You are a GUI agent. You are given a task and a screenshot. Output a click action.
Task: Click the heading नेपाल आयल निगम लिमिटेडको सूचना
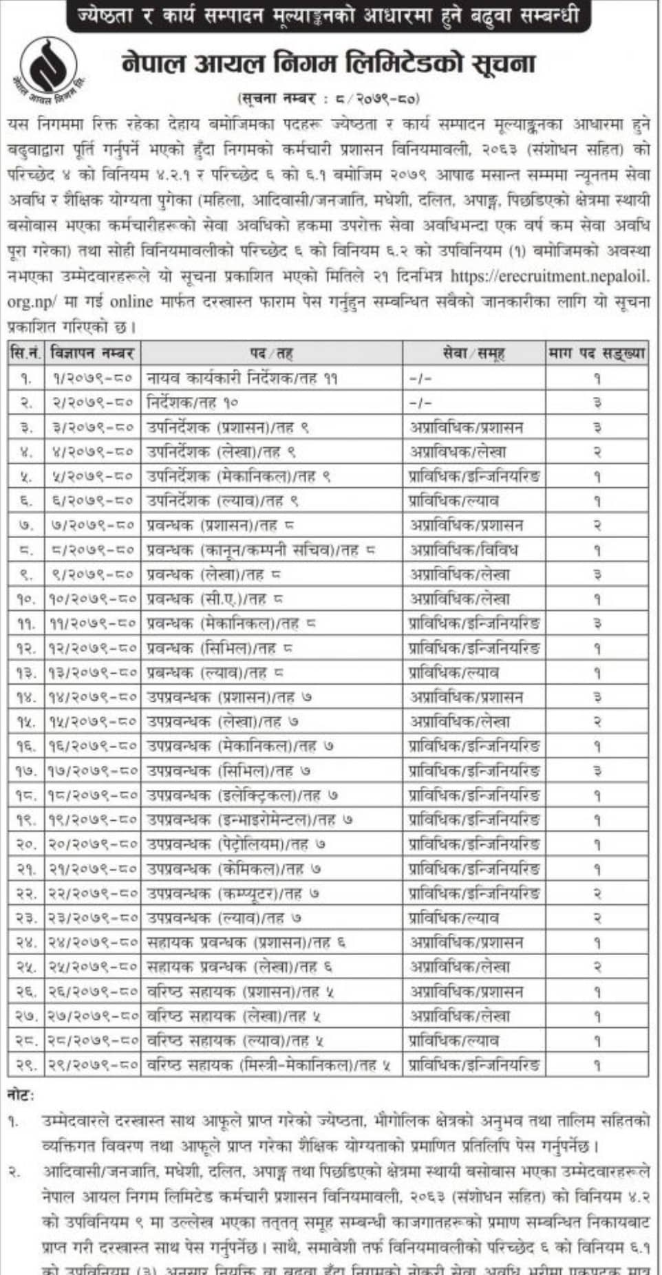pos(328,64)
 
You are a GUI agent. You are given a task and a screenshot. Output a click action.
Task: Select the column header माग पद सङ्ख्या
pos(597,354)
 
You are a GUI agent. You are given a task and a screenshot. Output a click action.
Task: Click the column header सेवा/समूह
pos(473,354)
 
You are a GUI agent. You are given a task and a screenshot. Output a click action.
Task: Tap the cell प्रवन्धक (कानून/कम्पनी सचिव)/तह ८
pos(261,550)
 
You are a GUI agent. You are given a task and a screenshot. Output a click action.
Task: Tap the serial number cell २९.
pos(27,1065)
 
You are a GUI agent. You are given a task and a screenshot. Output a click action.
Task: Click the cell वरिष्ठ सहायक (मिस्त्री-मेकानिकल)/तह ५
pos(268,1065)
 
